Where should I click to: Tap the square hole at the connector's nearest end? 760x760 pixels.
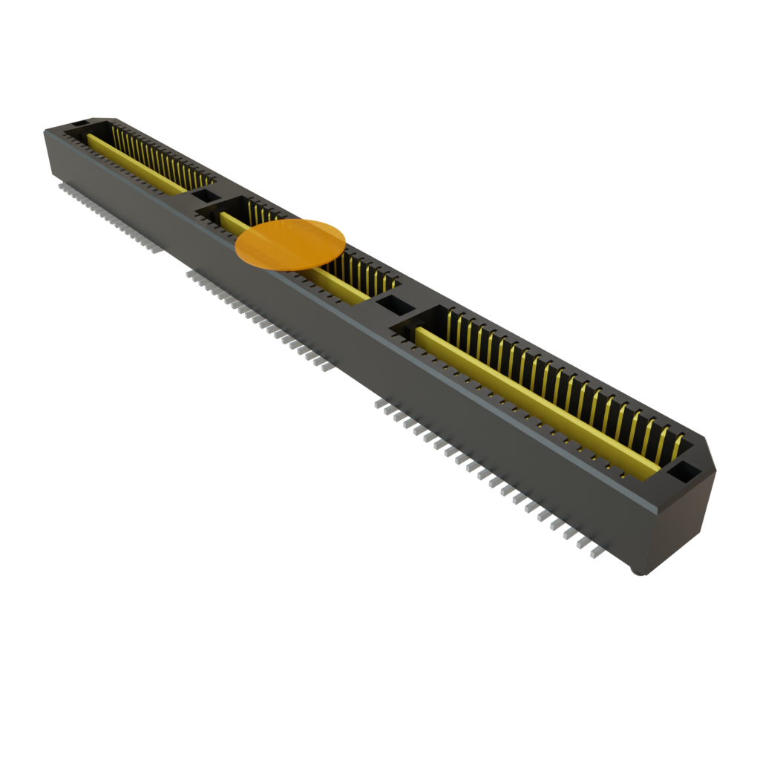683,471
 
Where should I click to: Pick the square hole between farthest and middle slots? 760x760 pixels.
202,196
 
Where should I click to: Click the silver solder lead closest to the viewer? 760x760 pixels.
594,553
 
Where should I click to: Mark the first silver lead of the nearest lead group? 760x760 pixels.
379,404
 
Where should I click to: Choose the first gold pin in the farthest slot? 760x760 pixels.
115,134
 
